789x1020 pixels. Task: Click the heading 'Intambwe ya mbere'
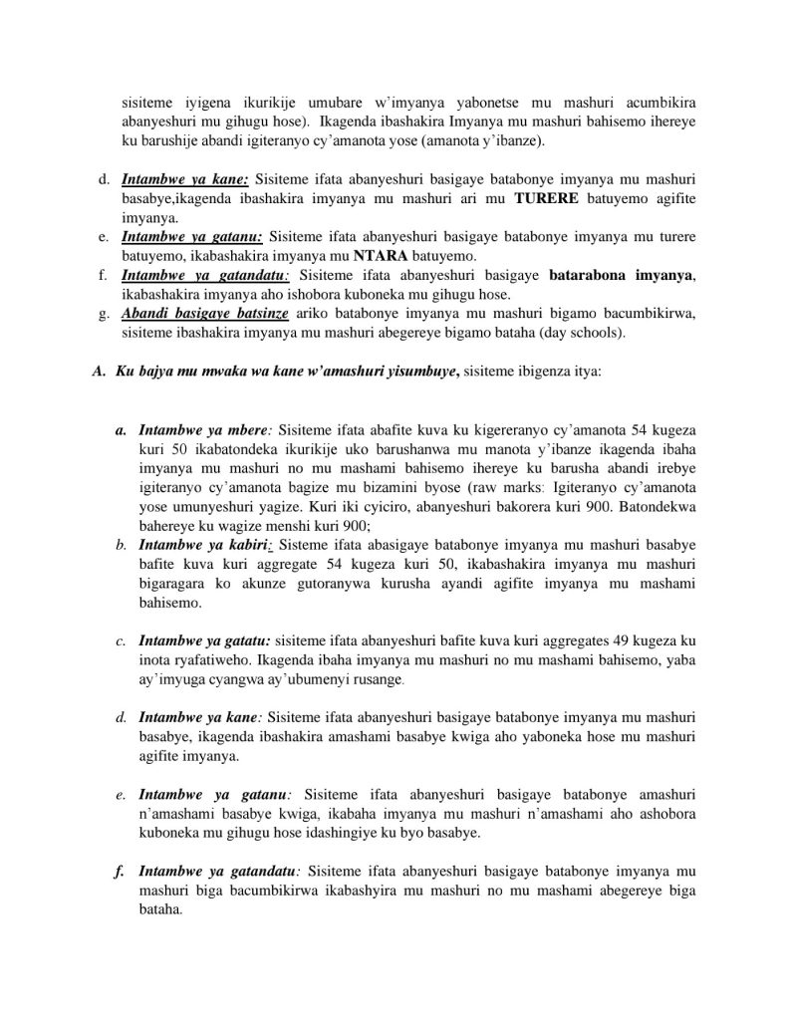[203, 430]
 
